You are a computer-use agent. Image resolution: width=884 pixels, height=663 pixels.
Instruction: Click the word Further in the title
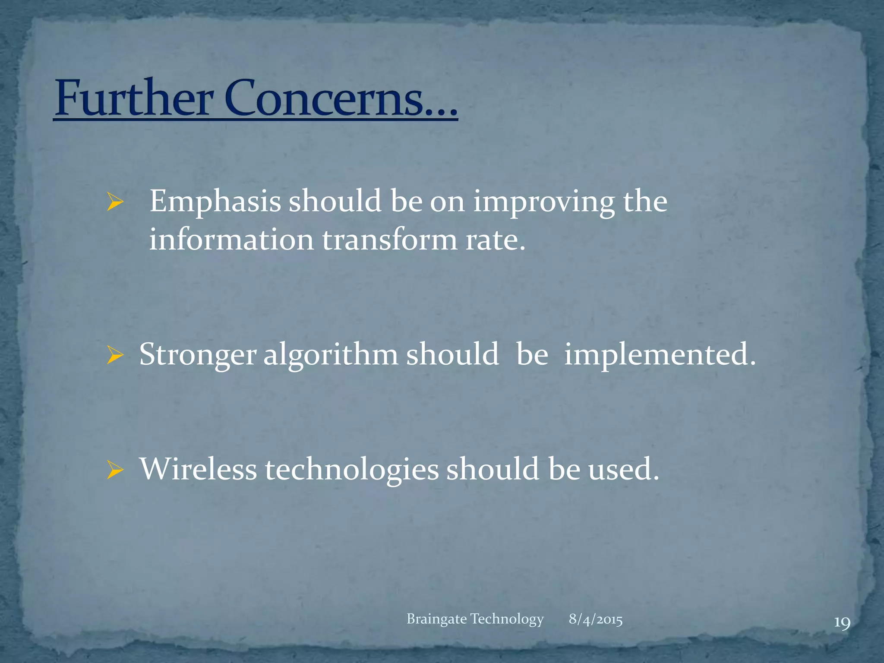click(134, 98)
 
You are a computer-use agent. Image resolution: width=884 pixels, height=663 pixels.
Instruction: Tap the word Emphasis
click(215, 202)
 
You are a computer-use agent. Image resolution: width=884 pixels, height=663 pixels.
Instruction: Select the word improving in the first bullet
click(543, 202)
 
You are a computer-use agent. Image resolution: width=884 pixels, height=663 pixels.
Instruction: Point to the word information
click(231, 240)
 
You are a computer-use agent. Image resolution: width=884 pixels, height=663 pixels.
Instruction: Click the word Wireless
click(198, 470)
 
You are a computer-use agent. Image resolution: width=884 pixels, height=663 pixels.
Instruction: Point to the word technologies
click(352, 470)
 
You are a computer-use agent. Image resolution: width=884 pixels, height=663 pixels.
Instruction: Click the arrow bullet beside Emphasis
click(115, 202)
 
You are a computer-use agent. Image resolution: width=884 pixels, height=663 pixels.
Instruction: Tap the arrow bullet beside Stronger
click(115, 356)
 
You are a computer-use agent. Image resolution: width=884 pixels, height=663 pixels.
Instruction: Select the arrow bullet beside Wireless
click(115, 471)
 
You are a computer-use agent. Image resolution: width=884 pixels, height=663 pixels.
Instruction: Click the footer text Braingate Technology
click(475, 619)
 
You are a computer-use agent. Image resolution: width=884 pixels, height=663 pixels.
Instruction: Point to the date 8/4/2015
click(595, 619)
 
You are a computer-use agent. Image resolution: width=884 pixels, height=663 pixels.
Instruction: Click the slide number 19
click(842, 623)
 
